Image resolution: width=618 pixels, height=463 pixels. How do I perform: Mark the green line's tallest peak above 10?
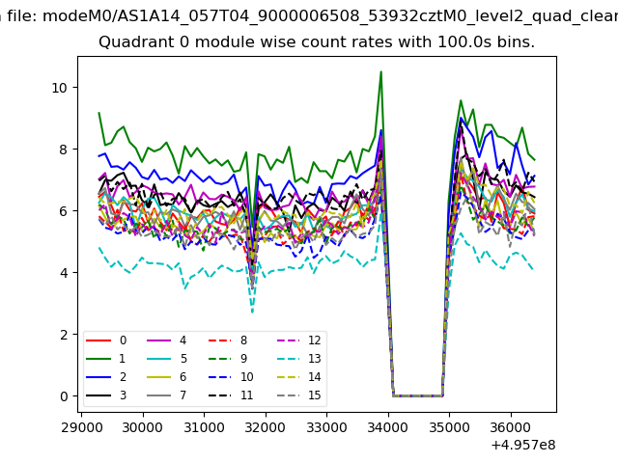(x=380, y=71)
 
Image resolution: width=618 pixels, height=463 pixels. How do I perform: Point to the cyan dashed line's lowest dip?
(x=252, y=312)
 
